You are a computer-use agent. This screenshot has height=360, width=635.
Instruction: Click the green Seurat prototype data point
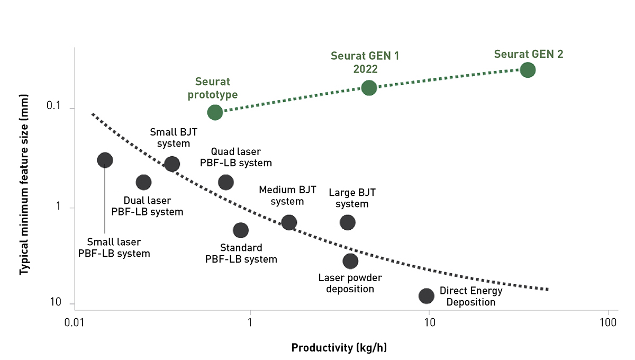coord(215,112)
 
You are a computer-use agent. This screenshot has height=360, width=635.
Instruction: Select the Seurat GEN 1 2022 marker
coord(369,88)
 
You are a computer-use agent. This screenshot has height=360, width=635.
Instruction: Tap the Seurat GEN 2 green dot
coord(528,70)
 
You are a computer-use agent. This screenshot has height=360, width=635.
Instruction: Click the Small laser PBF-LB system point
coord(105,160)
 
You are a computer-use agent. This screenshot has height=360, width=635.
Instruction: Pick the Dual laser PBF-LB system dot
coord(143,182)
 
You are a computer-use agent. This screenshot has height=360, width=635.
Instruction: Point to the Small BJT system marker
coord(171,164)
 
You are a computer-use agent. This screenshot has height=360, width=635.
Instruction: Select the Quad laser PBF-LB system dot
coord(226,182)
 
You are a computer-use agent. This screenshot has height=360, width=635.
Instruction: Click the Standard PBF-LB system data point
coord(241,230)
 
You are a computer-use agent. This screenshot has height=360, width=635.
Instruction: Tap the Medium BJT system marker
coord(289,222)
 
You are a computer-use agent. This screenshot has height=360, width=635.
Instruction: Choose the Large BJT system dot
coord(348,222)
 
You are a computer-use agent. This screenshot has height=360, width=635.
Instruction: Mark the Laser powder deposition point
coord(350,261)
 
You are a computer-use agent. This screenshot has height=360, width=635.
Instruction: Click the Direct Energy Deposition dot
coord(427,296)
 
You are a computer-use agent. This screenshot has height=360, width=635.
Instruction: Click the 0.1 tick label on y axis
coord(53,106)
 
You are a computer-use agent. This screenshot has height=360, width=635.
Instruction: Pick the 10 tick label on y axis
coord(55,303)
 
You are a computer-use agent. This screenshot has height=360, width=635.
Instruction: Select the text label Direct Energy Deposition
coord(471,296)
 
